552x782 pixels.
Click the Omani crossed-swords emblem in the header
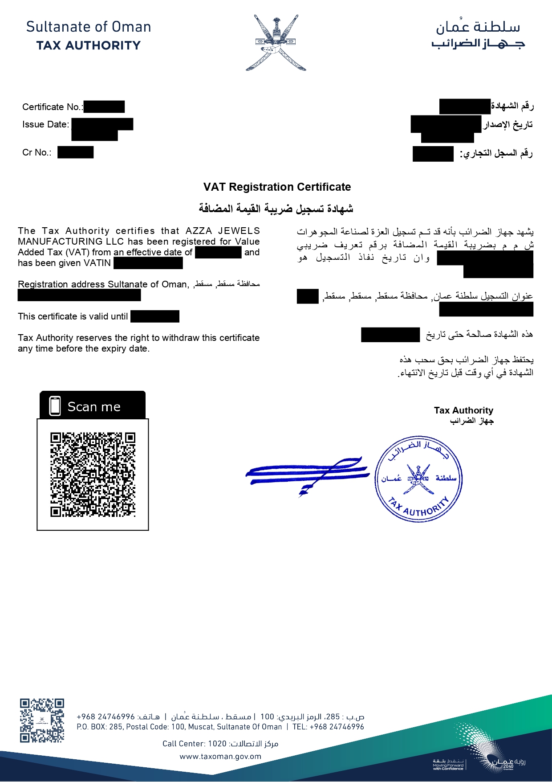[276, 43]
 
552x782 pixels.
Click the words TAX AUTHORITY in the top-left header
[89, 45]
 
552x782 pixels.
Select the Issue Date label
[45, 124]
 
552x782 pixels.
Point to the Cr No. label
[37, 152]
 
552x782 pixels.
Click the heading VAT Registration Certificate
[277, 187]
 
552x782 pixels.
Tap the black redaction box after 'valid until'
[155, 316]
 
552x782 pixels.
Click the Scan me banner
[93, 405]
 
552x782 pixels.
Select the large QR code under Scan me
[93, 474]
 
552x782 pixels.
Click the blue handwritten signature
[307, 473]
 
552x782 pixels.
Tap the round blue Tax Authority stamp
[418, 479]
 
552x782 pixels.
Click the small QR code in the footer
[42, 720]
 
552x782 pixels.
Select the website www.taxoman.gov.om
[220, 756]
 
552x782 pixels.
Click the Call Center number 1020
[217, 743]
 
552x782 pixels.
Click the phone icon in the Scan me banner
[55, 406]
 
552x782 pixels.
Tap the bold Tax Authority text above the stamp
[463, 410]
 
